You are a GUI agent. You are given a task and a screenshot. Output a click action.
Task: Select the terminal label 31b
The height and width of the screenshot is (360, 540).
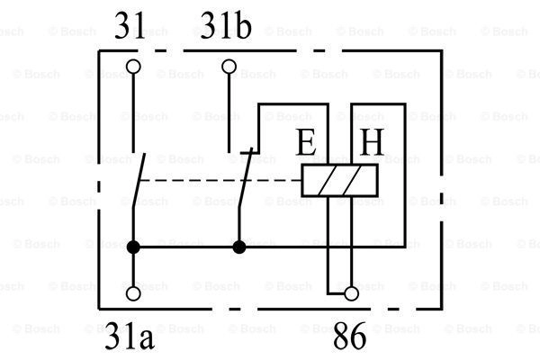[226, 27]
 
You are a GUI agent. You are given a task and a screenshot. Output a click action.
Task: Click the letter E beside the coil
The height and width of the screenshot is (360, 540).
[307, 143]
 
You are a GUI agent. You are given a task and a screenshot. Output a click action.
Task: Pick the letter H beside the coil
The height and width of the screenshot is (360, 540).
[371, 143]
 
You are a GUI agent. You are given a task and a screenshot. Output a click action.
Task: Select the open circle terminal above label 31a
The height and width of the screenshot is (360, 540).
[134, 292]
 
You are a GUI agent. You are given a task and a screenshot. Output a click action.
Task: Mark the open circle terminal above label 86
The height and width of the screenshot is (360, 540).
[352, 292]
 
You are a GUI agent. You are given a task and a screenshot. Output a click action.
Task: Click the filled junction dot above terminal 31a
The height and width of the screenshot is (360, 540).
[134, 246]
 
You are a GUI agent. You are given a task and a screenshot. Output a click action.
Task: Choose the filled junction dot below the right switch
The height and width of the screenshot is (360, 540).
[238, 246]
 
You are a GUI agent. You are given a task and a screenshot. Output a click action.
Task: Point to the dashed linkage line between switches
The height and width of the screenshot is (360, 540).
[216, 180]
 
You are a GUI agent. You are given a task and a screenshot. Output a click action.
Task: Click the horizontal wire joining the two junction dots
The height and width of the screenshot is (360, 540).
[186, 246]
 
